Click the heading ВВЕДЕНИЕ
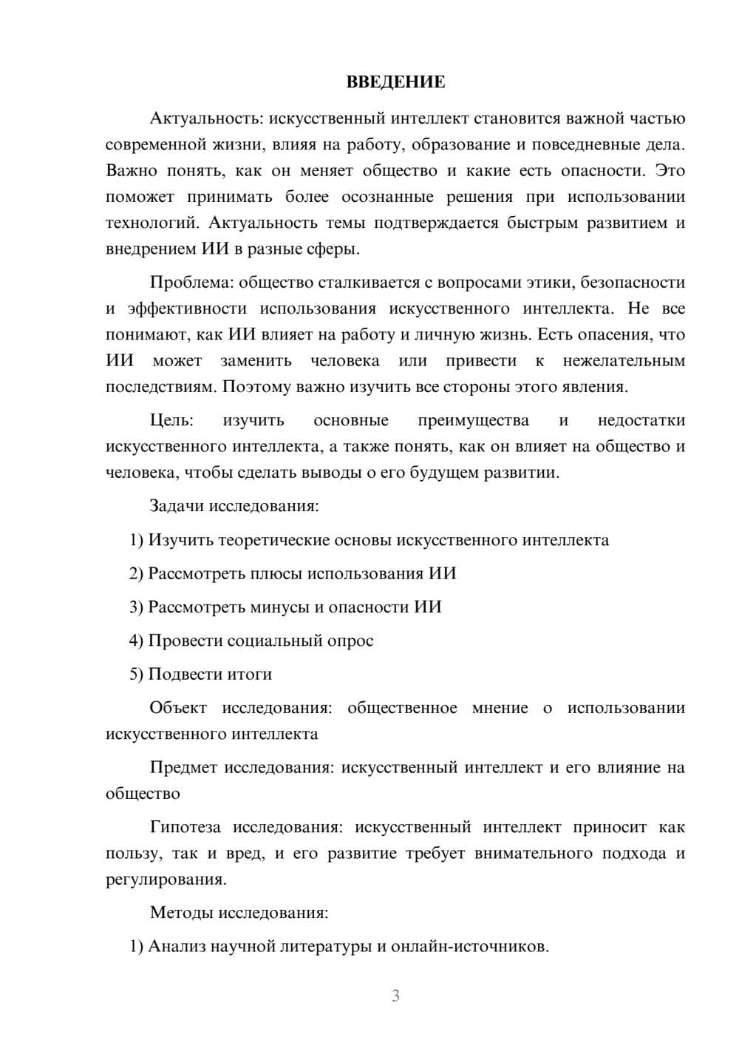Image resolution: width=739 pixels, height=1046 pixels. [x=395, y=82]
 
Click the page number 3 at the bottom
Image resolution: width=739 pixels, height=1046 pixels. [x=395, y=996]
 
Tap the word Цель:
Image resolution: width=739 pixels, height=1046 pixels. [x=171, y=420]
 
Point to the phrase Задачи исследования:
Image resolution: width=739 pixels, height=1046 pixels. [x=234, y=507]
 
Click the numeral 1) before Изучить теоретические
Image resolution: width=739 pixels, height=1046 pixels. [x=136, y=540]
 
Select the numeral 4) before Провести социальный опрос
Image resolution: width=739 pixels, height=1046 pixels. [x=136, y=641]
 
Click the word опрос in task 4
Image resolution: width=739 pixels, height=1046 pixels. [x=350, y=641]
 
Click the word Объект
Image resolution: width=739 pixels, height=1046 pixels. [x=178, y=708]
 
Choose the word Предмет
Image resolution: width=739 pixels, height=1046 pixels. [x=183, y=768]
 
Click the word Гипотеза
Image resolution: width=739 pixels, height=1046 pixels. [x=186, y=828]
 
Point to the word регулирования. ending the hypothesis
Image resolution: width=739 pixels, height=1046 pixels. [x=166, y=880]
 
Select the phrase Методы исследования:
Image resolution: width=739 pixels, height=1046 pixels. [x=239, y=913]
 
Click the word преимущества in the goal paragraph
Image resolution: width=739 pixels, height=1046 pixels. [x=473, y=420]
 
